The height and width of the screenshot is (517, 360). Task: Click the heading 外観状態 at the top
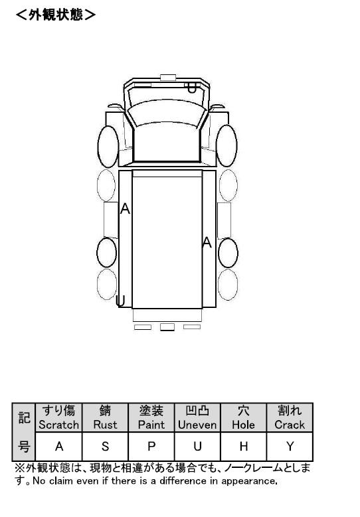pos(56,15)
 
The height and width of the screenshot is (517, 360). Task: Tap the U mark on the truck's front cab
pos(192,88)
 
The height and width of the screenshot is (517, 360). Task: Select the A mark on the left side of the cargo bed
pos(125,208)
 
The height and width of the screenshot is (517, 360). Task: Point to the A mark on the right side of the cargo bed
pos(207,242)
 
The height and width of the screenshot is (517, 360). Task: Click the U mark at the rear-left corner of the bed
pos(120,301)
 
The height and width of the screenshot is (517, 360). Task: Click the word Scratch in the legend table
pos(58,425)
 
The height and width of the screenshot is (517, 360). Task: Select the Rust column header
pos(105,417)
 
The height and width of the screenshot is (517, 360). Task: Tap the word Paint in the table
pos(151,425)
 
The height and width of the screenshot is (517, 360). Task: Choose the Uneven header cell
pos(197,417)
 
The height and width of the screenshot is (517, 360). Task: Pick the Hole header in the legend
pos(244,417)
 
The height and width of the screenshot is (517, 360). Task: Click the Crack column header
pos(290,417)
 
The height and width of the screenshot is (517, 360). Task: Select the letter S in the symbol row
pos(105,447)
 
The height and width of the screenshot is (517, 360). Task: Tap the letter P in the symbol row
pos(151,447)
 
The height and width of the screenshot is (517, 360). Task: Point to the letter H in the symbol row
pos(244,447)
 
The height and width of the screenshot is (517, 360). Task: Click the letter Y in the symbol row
pos(290,447)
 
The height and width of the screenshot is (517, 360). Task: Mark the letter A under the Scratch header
pos(59,447)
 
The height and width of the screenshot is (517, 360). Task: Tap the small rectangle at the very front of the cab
pos(168,78)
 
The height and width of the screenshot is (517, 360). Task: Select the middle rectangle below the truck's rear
pos(167,327)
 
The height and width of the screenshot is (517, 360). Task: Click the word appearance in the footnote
pos(249,481)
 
